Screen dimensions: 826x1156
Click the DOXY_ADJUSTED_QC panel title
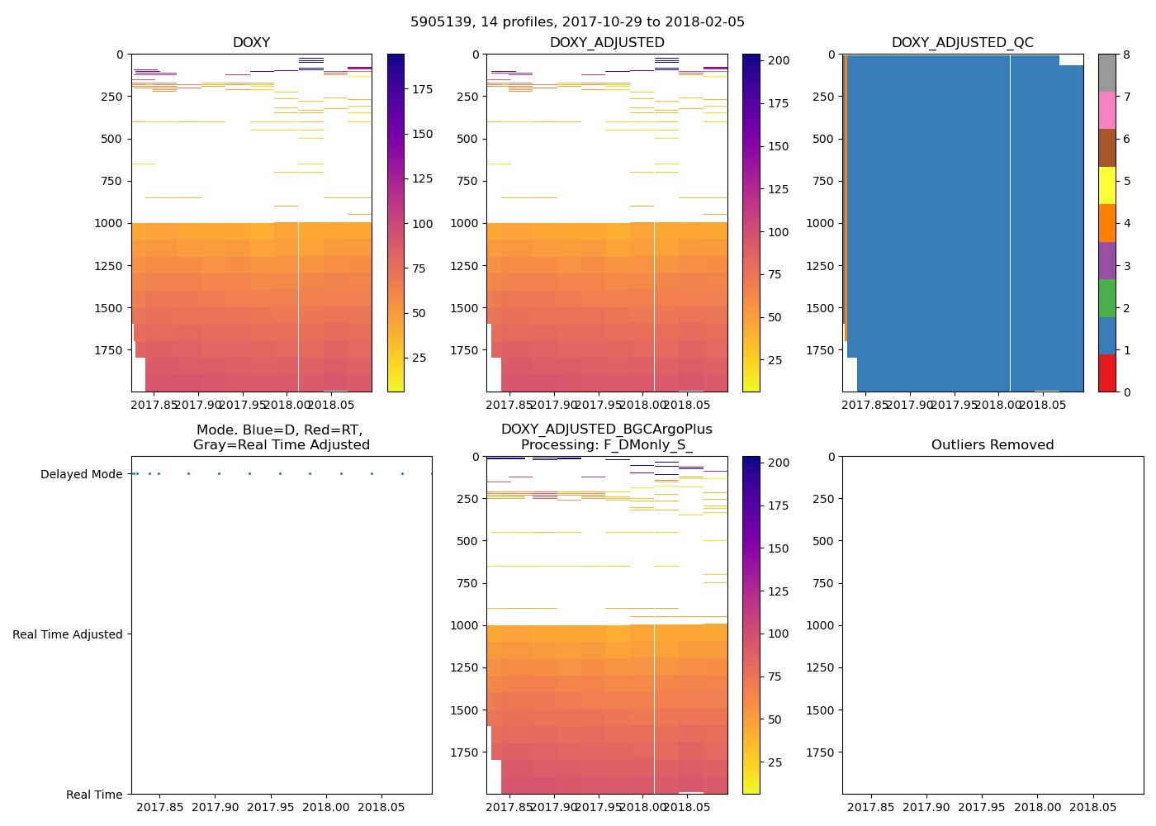pyautogui.click(x=962, y=43)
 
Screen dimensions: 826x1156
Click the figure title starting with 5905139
pyautogui.click(x=577, y=22)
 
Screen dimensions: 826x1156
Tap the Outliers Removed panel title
pyautogui.click(x=993, y=445)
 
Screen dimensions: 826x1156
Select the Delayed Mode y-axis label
pyautogui.click(x=81, y=474)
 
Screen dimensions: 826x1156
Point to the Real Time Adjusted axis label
pyautogui.click(x=68, y=634)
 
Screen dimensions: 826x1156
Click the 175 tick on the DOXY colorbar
pyautogui.click(x=423, y=89)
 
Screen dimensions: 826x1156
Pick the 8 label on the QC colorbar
pyautogui.click(x=1125, y=55)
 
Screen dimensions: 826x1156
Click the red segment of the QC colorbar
pyautogui.click(x=1106, y=373)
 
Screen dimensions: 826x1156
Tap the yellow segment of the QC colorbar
pyautogui.click(x=1106, y=186)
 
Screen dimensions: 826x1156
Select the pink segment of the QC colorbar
pyautogui.click(x=1106, y=111)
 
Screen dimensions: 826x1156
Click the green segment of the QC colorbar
pyautogui.click(x=1106, y=298)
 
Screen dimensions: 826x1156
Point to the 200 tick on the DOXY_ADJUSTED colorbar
pyautogui.click(x=779, y=60)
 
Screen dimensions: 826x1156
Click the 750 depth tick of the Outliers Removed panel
pyautogui.click(x=823, y=583)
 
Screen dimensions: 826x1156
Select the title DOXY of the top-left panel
pyautogui.click(x=251, y=43)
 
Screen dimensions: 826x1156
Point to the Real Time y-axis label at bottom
pyautogui.click(x=94, y=795)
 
